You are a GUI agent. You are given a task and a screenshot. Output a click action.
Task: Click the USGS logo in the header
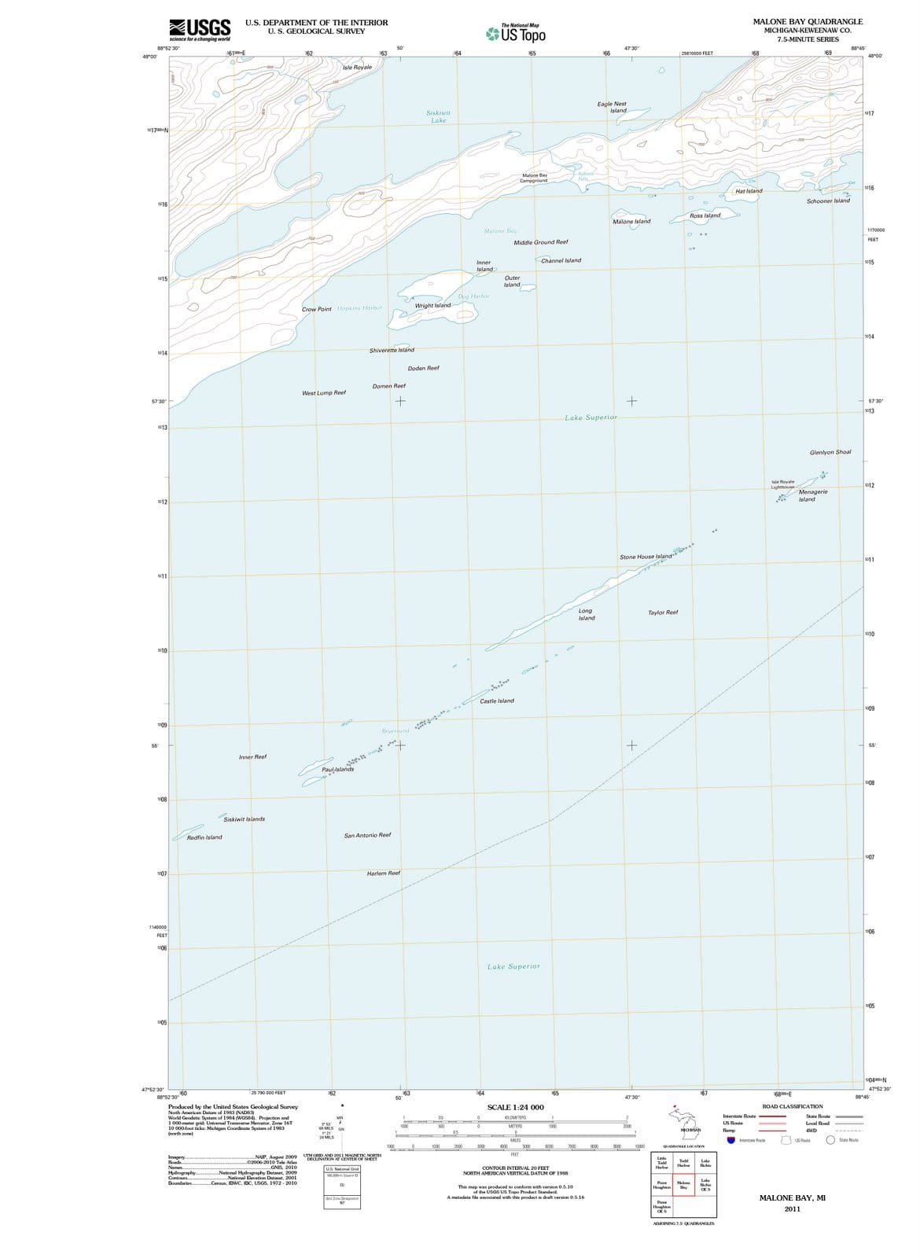tap(200, 29)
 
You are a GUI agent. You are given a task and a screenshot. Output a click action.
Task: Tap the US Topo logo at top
tap(516, 33)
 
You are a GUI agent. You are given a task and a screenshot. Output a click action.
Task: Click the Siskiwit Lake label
tap(438, 116)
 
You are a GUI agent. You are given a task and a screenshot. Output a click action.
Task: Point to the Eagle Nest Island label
tap(612, 107)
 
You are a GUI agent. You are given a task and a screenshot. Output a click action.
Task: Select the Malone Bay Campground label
tap(534, 178)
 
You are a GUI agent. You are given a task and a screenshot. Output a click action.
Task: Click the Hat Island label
tap(749, 191)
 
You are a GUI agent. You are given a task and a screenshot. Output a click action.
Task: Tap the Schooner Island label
tap(828, 200)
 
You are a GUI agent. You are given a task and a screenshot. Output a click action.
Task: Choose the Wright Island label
tap(432, 305)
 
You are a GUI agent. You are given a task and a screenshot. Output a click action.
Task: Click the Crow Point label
tap(316, 309)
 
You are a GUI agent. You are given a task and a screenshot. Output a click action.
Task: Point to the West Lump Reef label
tap(324, 392)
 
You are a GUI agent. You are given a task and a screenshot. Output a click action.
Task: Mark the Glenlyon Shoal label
tap(830, 452)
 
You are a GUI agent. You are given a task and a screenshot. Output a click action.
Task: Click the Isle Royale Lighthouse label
tap(782, 484)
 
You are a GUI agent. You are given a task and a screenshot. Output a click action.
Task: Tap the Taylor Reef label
tap(663, 612)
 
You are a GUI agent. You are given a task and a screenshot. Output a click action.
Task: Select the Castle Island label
tap(497, 701)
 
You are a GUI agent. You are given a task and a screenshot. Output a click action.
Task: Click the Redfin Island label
tap(204, 837)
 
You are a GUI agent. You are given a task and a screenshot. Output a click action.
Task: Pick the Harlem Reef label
tap(384, 873)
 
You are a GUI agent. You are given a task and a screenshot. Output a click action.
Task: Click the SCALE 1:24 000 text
tap(515, 1107)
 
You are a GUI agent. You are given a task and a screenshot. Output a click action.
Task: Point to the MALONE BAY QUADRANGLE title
tap(808, 21)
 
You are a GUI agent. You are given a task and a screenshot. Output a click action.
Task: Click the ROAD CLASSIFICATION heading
tap(793, 1106)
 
